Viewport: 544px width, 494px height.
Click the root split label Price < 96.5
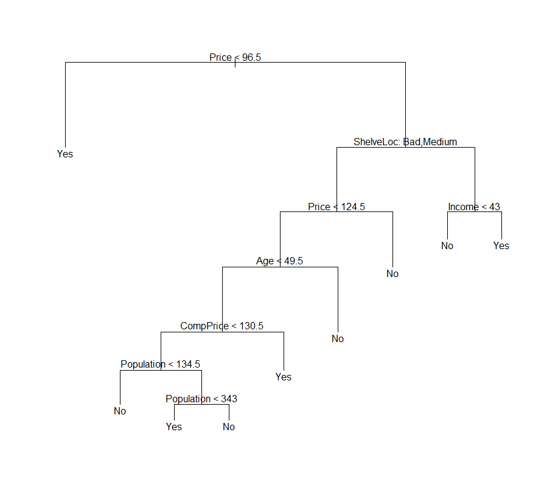[235, 57]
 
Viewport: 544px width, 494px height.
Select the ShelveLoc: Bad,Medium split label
[405, 142]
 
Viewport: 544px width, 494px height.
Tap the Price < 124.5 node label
[337, 207]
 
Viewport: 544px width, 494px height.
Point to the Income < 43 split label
[474, 207]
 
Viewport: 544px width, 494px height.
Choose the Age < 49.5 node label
[279, 261]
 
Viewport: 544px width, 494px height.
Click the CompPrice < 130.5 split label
[222, 326]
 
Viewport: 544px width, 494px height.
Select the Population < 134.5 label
[161, 364]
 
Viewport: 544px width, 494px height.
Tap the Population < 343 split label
[201, 399]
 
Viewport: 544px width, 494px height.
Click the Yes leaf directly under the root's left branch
[65, 154]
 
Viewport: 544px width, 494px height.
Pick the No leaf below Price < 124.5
[392, 273]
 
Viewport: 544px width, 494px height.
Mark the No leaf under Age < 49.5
[338, 338]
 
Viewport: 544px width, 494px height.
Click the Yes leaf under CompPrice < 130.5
[284, 377]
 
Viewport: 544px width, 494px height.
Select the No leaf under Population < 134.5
[120, 411]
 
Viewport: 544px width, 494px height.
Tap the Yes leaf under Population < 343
[174, 427]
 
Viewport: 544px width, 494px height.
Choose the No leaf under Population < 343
[229, 427]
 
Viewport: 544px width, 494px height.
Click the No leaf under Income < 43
[447, 245]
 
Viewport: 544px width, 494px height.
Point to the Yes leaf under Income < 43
[501, 245]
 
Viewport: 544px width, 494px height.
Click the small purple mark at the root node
[235, 63]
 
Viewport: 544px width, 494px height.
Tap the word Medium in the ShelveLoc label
[440, 142]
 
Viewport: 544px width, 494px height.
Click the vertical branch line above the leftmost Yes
[65, 103]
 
